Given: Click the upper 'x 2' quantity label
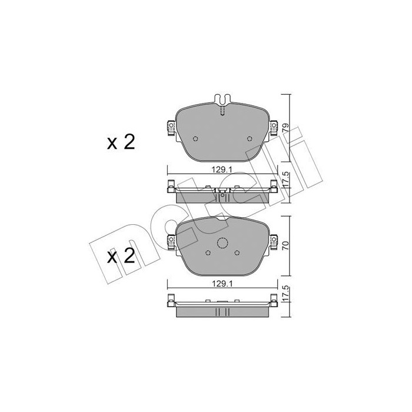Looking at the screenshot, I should [x=121, y=142].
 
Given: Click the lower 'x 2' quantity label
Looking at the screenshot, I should [x=121, y=256].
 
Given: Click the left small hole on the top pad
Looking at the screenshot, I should [x=196, y=138].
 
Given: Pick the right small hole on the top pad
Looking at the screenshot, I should [x=250, y=138].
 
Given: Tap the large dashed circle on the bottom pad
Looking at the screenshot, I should [x=222, y=244].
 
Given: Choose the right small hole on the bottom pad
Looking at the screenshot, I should [x=237, y=252].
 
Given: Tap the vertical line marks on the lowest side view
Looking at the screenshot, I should [x=222, y=313].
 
